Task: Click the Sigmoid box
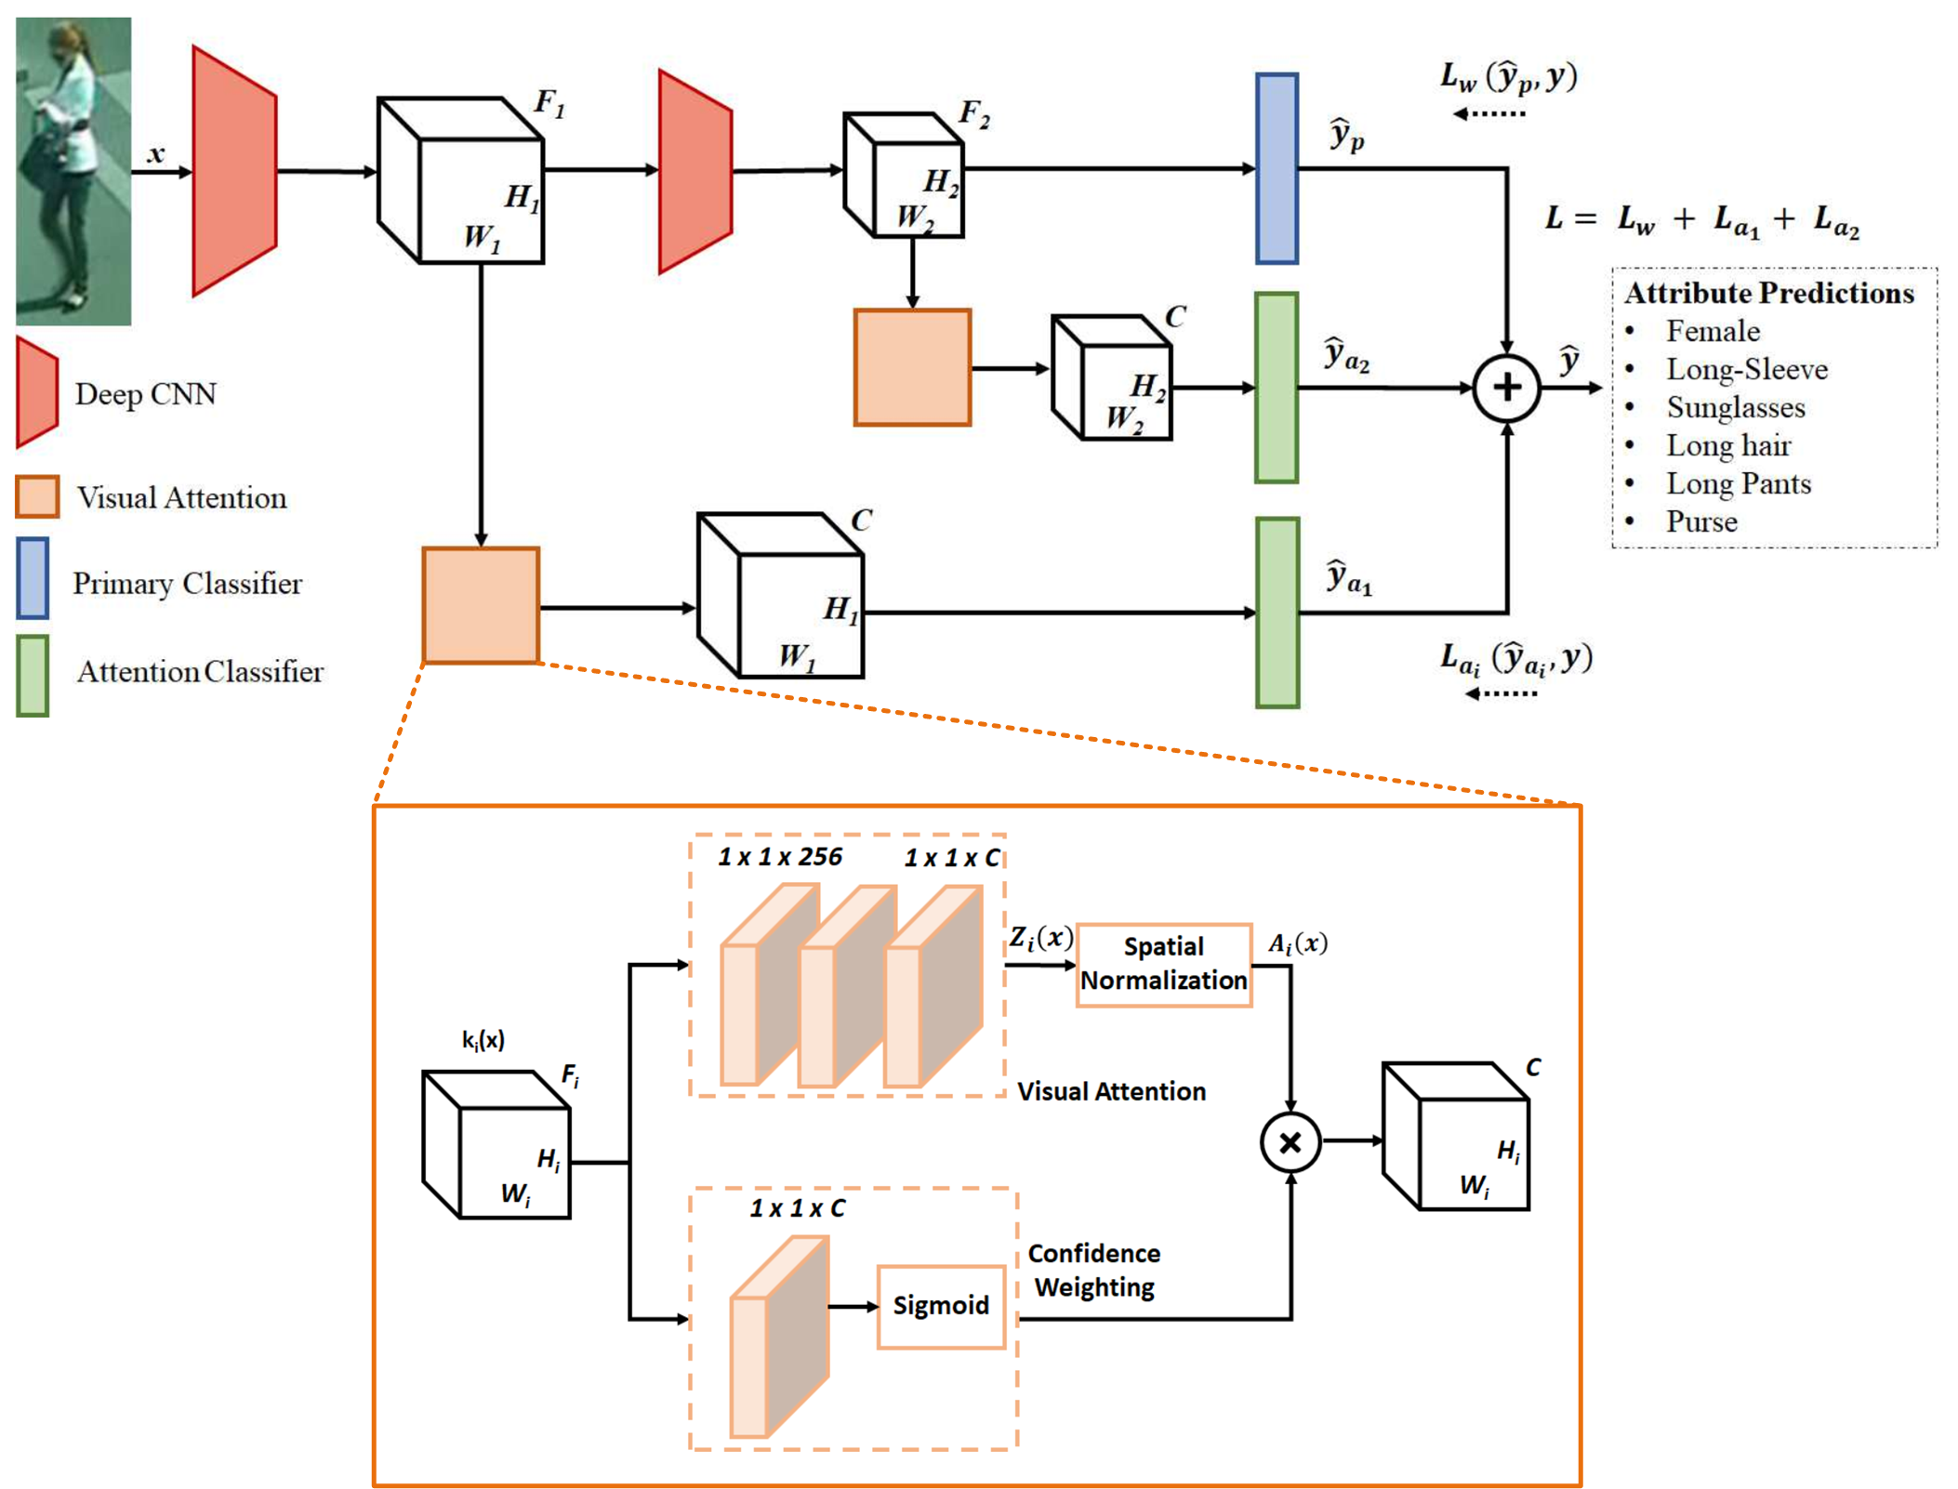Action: click(x=940, y=1305)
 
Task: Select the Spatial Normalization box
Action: click(x=1163, y=964)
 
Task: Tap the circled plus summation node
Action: click(x=1505, y=388)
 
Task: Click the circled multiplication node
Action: click(x=1290, y=1141)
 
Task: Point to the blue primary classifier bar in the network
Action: click(x=1277, y=168)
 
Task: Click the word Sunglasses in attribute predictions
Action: click(x=1735, y=407)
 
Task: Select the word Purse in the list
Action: click(x=1700, y=521)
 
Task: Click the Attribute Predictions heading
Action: click(x=1768, y=293)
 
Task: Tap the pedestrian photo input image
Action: click(x=73, y=171)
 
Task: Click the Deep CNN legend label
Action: click(x=145, y=394)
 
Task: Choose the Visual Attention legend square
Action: click(x=37, y=496)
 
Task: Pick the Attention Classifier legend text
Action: click(x=200, y=671)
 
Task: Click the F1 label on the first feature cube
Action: click(x=549, y=102)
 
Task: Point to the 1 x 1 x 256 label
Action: click(x=779, y=857)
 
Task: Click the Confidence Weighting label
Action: click(x=1093, y=1270)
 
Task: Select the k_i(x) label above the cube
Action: click(x=483, y=1039)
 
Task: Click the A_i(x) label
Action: click(x=1297, y=943)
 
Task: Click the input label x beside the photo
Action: click(x=156, y=153)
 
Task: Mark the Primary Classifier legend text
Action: click(x=187, y=584)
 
